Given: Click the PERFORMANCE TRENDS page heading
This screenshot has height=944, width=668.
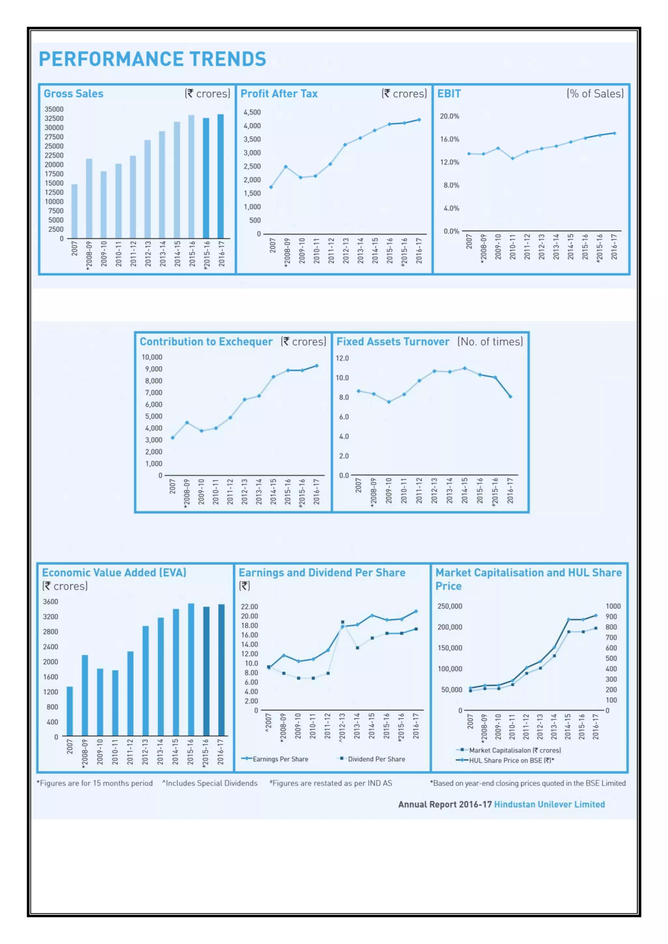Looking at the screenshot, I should [152, 59].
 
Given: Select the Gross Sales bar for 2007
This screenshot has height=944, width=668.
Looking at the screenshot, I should [74, 211].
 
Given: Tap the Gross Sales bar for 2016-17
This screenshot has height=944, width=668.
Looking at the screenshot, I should [221, 176].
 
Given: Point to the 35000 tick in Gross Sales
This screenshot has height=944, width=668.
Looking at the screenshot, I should [54, 109].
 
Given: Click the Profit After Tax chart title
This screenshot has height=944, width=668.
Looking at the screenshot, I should [279, 94].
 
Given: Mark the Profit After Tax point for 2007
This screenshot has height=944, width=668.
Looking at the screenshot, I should [271, 187].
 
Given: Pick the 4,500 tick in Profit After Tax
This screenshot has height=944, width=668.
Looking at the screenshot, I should [252, 112].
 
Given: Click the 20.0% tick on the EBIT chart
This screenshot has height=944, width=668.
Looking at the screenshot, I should [449, 116].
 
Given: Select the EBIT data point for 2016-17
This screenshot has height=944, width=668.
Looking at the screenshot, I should [615, 133].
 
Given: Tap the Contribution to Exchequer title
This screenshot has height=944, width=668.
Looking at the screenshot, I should [206, 342].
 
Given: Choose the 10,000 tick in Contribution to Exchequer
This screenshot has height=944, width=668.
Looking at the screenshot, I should [152, 357].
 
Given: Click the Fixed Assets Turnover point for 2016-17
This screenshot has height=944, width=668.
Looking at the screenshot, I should [510, 397].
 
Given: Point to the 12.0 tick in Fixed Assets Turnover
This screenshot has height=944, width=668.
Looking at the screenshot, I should [342, 358].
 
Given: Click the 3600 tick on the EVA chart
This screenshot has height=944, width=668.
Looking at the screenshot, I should [51, 601].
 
